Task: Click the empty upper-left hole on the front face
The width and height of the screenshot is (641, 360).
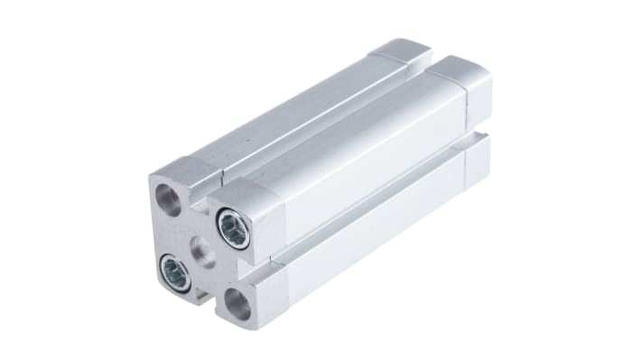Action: [168, 195]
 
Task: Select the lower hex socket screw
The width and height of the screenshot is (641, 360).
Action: [175, 272]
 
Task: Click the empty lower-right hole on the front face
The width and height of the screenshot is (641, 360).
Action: [238, 304]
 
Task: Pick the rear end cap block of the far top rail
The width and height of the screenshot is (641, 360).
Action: [402, 55]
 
